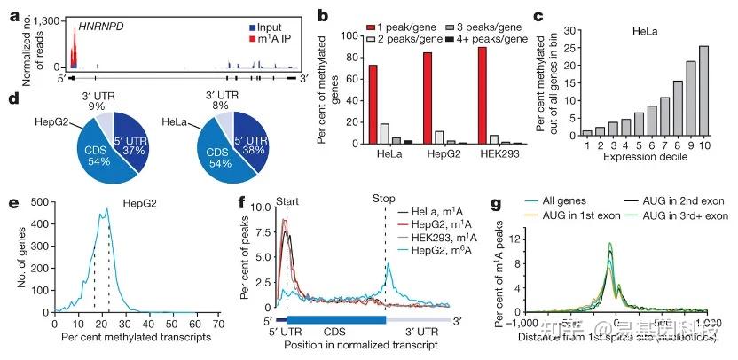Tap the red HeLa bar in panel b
click(x=348, y=104)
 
